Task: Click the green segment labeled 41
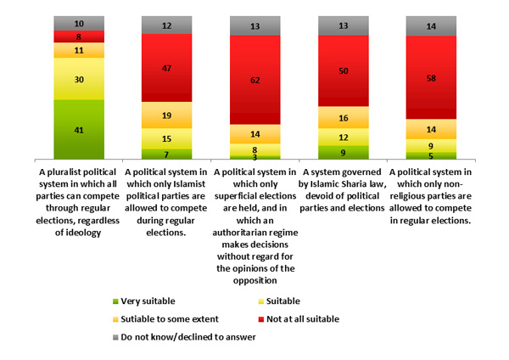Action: click(x=79, y=129)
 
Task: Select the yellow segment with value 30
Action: click(x=79, y=79)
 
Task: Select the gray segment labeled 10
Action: click(x=79, y=23)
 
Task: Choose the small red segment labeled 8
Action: click(x=79, y=37)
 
